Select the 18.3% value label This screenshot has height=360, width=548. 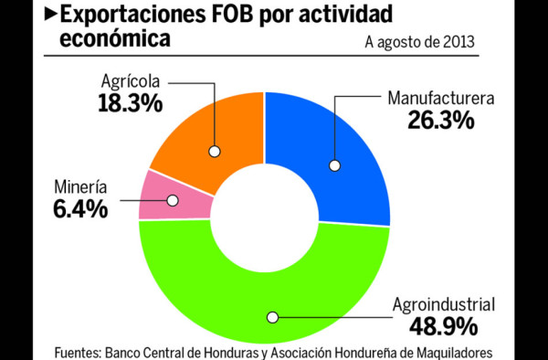pos(130,102)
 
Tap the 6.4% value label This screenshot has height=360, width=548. pos(79,208)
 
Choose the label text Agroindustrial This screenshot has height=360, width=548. pos(443,304)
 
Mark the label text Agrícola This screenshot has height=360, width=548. pos(130,80)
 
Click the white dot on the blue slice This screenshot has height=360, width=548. pos(335,166)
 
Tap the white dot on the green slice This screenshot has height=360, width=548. pos(271,317)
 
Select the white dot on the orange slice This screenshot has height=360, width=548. pos(216,152)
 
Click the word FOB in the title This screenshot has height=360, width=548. pos(229,14)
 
